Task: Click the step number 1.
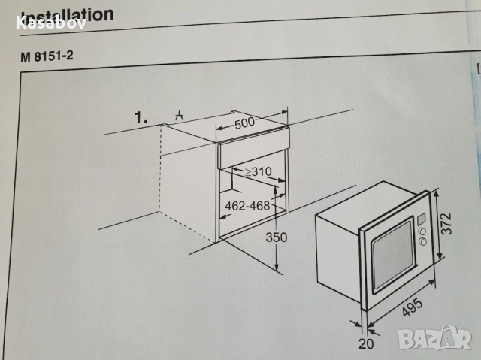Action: tap(140, 117)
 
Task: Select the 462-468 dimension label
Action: tap(248, 206)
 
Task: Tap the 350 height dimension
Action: tap(276, 237)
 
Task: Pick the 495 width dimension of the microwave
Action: tap(410, 304)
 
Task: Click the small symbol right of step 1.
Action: tap(179, 115)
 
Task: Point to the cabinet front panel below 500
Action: tap(252, 153)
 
